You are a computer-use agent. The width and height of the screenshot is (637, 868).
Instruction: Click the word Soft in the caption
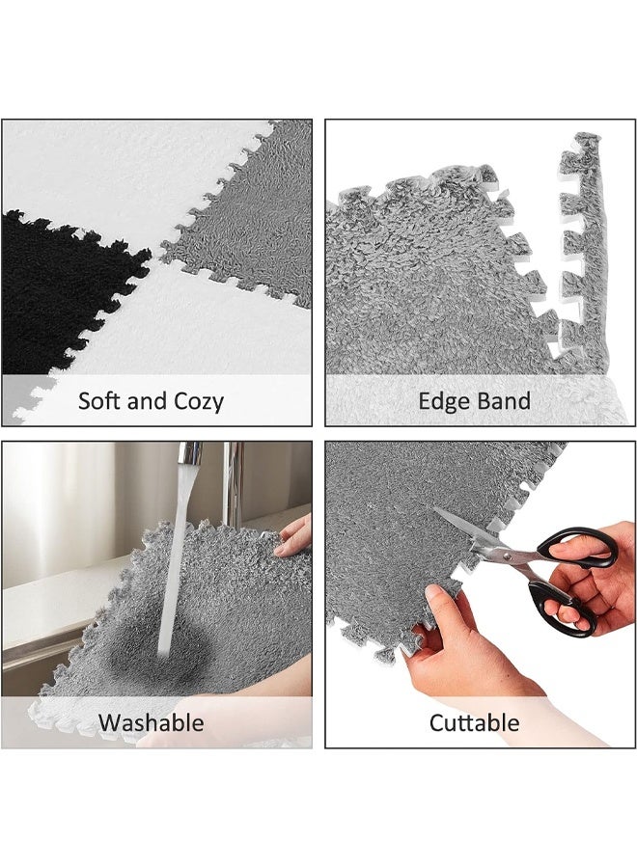tap(98, 400)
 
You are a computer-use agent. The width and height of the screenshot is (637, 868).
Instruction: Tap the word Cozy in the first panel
tap(197, 401)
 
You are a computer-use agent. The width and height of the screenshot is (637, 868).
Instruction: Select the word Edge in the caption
tap(442, 400)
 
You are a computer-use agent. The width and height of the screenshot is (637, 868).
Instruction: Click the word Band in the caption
tap(504, 400)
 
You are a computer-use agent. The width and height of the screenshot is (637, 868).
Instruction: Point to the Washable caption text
tap(151, 722)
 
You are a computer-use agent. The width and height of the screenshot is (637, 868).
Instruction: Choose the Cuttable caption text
tap(474, 722)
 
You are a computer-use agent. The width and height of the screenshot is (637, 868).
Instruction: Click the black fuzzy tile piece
tap(58, 289)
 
